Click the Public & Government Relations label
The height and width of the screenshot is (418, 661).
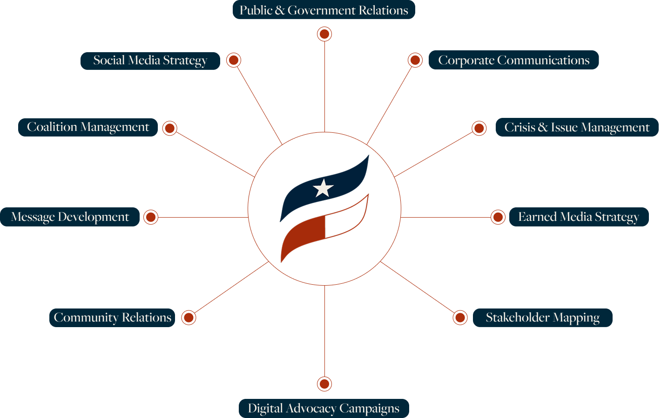[x=324, y=10]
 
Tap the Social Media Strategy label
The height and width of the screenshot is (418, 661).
[x=150, y=61]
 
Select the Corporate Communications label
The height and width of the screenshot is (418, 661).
[x=513, y=60]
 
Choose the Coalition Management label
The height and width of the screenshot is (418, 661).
[x=88, y=127]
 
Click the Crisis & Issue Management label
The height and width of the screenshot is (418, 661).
[x=577, y=127]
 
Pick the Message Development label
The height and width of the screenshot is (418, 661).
[x=70, y=217]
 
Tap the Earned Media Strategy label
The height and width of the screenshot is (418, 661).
[x=579, y=217]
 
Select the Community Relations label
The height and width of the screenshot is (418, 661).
[x=112, y=318]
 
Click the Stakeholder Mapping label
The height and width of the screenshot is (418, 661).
[x=542, y=318]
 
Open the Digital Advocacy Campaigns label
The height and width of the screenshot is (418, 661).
[x=324, y=409]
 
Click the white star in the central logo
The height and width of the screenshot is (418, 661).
[x=323, y=188]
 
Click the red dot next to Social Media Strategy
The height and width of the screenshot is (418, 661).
[x=234, y=60]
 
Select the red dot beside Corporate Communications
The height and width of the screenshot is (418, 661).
[x=415, y=60]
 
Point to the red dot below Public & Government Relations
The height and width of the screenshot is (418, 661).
[x=324, y=34]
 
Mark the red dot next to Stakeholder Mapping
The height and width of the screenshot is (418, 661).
[x=460, y=318]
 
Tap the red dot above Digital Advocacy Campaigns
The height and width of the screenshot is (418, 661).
[x=324, y=384]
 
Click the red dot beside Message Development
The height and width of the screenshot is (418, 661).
[x=151, y=217]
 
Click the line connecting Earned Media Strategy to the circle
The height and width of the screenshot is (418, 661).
[x=445, y=217]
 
